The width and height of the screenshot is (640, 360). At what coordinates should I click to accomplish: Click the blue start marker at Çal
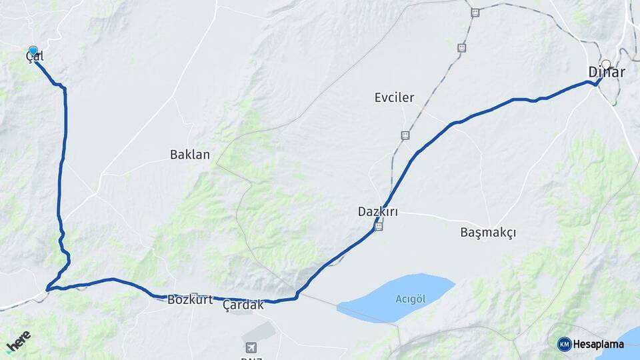(33, 51)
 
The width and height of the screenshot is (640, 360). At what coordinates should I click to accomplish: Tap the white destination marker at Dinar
(605, 65)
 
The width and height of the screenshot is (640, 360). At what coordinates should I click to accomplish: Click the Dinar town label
(607, 72)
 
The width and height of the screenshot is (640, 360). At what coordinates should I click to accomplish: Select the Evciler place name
(394, 97)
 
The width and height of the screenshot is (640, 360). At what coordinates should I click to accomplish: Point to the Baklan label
(190, 155)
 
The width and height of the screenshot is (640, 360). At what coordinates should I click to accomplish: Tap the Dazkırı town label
(378, 212)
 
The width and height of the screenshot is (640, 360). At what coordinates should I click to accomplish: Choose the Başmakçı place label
(488, 233)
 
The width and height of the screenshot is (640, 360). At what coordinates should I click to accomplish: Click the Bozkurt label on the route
(189, 299)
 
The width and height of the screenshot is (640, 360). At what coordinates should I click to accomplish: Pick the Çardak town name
(243, 305)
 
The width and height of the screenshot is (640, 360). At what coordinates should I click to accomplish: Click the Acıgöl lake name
(410, 298)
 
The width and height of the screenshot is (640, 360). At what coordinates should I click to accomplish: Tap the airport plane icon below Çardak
(251, 347)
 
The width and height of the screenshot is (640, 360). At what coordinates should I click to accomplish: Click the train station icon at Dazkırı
(378, 227)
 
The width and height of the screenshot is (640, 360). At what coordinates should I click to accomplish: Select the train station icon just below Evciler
(405, 135)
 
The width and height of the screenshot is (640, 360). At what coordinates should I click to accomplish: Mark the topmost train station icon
(475, 12)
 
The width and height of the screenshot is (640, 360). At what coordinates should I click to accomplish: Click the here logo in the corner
(18, 342)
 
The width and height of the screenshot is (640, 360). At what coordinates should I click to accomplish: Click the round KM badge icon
(565, 344)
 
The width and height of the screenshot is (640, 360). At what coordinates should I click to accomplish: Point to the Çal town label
(35, 57)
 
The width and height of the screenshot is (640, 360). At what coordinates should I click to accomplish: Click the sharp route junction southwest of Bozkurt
(48, 289)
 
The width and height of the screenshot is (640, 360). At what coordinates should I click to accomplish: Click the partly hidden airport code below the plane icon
(251, 357)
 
